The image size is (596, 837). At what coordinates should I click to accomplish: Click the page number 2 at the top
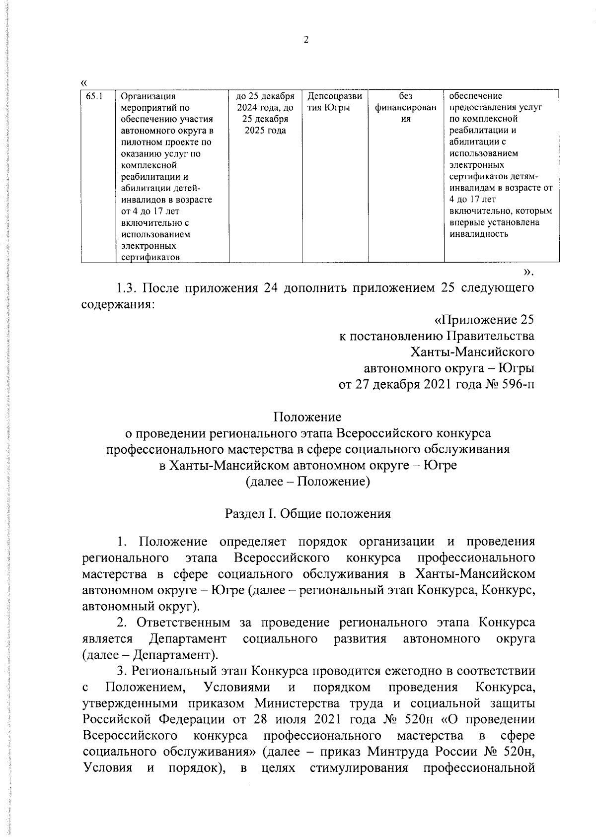[306, 40]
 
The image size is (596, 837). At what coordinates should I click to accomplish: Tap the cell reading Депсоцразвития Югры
[334, 102]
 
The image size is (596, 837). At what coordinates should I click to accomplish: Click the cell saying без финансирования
[405, 108]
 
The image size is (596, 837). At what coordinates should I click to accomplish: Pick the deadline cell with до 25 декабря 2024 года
[265, 113]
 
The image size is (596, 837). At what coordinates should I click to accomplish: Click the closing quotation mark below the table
[528, 271]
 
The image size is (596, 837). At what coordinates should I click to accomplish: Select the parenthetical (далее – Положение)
[308, 482]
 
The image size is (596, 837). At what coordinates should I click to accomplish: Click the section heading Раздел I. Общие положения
[308, 514]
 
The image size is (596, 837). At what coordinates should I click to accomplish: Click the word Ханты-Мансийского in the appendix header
[472, 352]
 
